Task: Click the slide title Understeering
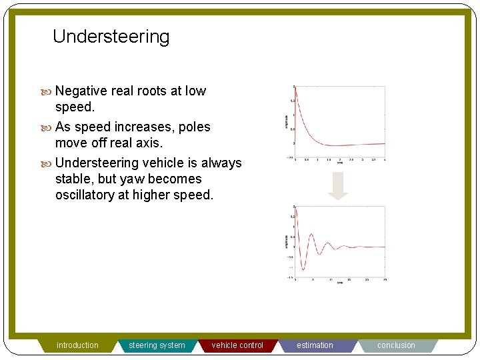(111, 37)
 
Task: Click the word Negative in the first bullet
(83, 91)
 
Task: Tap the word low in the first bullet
(195, 91)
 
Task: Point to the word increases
(145, 127)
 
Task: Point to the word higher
(154, 195)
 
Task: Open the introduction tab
(77, 345)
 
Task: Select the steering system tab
(157, 345)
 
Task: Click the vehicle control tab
(237, 345)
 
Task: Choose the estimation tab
(315, 345)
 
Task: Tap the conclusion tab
(396, 345)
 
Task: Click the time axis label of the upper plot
(339, 162)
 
